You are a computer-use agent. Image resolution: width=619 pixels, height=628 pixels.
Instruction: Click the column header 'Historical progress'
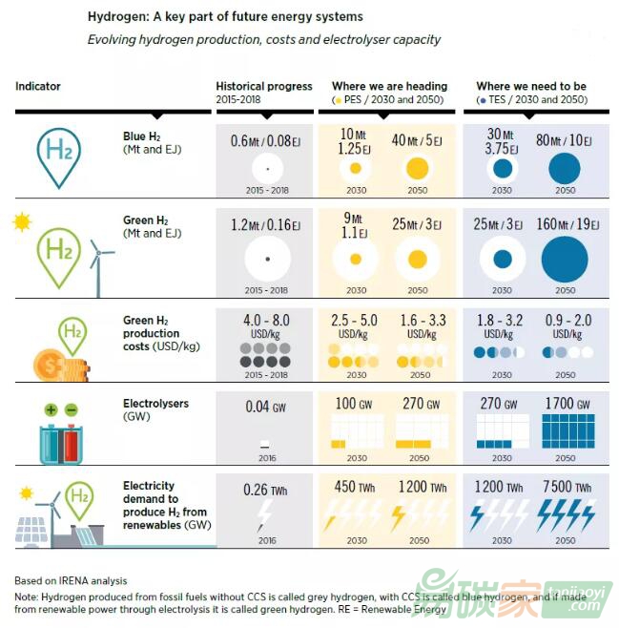(264, 86)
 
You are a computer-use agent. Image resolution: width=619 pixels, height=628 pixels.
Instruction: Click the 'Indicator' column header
(38, 86)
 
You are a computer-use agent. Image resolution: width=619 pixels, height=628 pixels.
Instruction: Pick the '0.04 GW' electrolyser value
(265, 408)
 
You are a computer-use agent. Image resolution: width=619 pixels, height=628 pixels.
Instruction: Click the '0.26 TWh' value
(265, 491)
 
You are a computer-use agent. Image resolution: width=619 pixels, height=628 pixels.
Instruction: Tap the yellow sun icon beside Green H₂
(21, 223)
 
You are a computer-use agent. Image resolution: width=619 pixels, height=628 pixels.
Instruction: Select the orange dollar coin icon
(47, 364)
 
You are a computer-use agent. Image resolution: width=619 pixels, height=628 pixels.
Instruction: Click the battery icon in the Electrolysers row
(60, 435)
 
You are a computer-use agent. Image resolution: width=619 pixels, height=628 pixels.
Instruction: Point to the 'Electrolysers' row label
(155, 404)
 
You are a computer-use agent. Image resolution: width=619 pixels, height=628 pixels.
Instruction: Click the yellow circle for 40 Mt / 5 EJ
(417, 170)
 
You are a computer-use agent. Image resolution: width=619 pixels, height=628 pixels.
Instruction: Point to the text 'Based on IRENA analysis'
(71, 580)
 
